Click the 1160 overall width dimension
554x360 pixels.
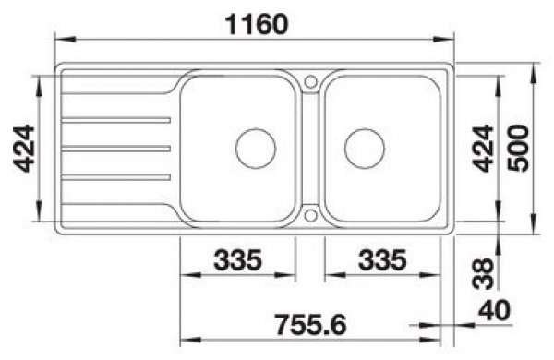[257, 25]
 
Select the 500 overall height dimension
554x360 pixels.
[518, 149]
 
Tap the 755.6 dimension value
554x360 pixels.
[311, 325]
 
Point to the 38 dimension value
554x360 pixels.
[482, 273]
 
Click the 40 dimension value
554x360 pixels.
[494, 310]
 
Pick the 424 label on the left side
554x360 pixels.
[24, 149]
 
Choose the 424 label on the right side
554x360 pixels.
[482, 149]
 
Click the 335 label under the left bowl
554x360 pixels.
[238, 259]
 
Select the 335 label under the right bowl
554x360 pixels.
[382, 259]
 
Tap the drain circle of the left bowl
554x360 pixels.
[256, 149]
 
